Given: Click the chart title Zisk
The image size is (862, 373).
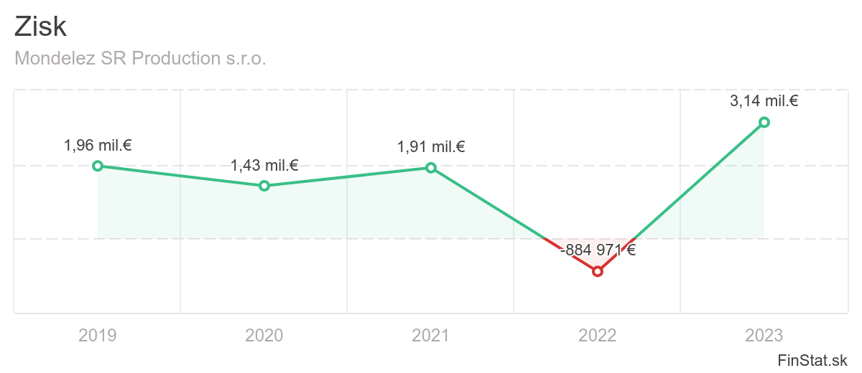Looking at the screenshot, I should point(40,27).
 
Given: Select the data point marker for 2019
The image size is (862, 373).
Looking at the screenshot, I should point(98,166).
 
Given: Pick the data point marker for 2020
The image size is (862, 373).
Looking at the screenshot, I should point(264,186).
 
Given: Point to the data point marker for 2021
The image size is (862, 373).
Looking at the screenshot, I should point(431,168).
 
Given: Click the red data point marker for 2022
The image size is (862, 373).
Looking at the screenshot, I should point(598,271).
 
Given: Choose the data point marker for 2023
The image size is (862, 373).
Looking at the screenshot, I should point(764,122).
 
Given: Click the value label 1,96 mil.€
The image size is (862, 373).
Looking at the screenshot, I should point(98,146).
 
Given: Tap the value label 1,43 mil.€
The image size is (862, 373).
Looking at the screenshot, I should point(264,166).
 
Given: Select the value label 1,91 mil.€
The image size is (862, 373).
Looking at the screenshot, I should point(431,147).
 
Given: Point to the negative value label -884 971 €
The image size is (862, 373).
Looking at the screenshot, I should point(598,250).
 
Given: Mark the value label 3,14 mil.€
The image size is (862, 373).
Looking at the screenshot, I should point(764,101).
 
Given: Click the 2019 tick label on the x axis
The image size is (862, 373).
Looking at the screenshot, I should point(98,335).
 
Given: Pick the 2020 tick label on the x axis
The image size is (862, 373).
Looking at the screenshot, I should point(264,335).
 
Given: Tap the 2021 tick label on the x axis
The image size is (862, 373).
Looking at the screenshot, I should point(431,335).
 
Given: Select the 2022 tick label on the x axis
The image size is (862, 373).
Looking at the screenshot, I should point(598,335).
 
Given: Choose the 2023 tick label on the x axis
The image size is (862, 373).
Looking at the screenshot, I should point(764,335).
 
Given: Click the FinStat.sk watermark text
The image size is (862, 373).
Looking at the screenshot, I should point(812,359).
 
